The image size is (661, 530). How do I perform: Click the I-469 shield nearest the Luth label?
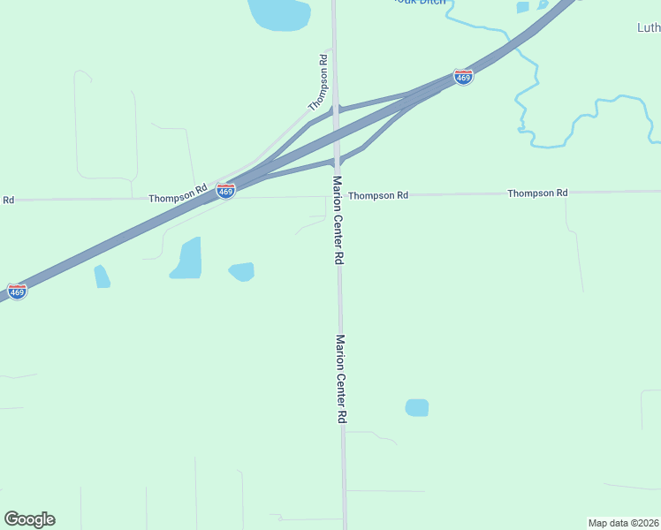463,77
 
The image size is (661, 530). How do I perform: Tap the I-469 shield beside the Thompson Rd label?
226,191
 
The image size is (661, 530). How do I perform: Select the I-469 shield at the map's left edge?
17,291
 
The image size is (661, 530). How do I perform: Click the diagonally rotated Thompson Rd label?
318,82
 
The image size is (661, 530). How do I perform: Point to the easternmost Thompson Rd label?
537,193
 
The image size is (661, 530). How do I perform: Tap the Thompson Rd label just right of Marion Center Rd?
378,194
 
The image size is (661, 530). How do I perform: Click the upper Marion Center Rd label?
337,220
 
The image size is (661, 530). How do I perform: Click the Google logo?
29,519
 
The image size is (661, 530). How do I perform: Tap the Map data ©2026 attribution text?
623,523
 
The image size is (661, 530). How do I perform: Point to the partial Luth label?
649,27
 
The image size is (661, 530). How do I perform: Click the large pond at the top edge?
279,13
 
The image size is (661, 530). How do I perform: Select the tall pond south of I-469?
186,258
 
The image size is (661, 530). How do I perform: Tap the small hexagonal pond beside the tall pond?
241,271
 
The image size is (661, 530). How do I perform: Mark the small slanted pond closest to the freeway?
102,276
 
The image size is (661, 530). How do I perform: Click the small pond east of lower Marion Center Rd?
416,407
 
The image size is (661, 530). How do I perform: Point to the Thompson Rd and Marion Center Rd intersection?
336,196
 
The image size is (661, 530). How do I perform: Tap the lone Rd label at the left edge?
8,200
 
